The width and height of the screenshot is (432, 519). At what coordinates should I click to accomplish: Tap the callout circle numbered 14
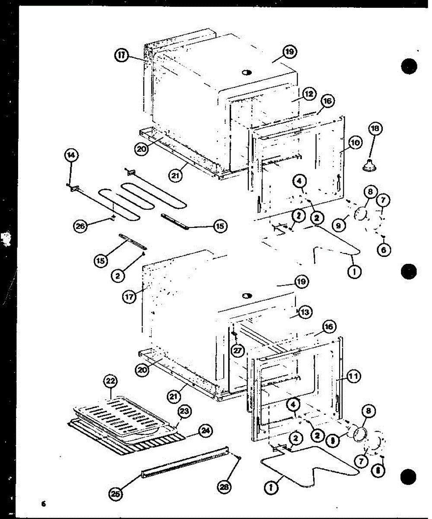(70, 154)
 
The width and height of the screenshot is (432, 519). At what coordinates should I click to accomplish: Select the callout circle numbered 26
(80, 225)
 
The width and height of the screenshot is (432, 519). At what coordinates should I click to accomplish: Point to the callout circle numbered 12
(309, 94)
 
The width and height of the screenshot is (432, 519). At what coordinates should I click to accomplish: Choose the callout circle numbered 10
(355, 142)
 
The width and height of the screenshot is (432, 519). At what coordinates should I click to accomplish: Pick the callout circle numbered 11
(353, 377)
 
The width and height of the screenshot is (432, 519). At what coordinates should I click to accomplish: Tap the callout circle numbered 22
(110, 381)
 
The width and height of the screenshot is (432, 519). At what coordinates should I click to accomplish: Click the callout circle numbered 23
(184, 412)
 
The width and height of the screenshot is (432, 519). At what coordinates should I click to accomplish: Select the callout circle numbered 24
(205, 430)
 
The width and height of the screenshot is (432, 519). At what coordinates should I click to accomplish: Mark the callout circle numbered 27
(236, 350)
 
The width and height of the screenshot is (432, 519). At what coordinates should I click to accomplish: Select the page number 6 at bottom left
(43, 503)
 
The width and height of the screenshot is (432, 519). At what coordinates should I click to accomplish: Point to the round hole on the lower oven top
(247, 296)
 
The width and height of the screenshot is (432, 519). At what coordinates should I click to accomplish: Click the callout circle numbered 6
(383, 250)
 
